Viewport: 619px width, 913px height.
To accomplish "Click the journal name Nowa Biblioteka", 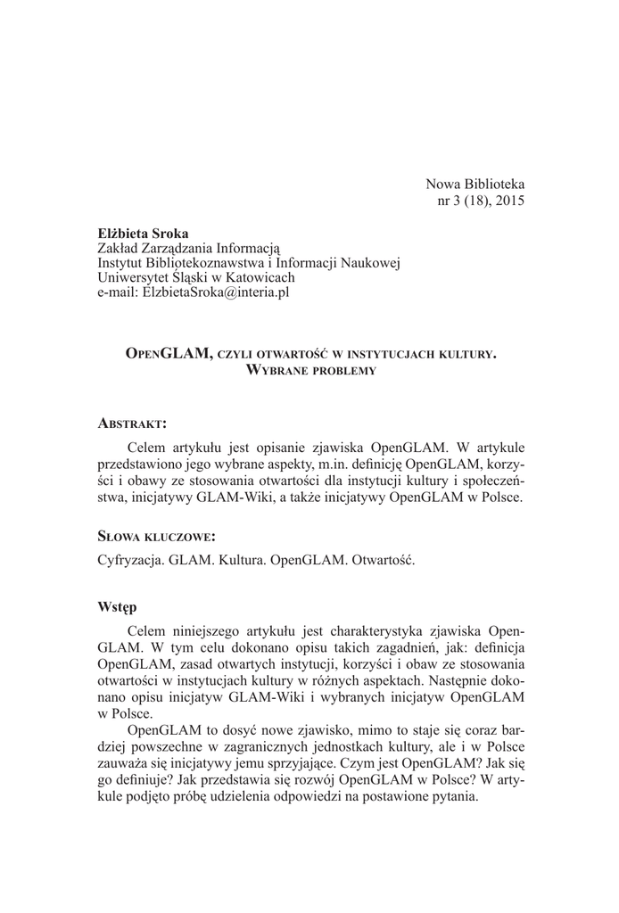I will coord(475,185).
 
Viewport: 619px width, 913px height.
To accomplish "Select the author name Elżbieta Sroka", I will coord(136,234).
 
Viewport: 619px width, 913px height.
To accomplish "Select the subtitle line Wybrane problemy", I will coord(309,369).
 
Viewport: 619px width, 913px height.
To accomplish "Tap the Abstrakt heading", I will coord(132,422).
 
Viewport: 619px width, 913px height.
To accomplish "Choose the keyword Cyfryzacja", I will coord(131,562).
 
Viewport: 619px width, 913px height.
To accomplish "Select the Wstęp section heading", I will coord(116,607).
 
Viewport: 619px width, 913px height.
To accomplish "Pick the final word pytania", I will coord(453,797).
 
